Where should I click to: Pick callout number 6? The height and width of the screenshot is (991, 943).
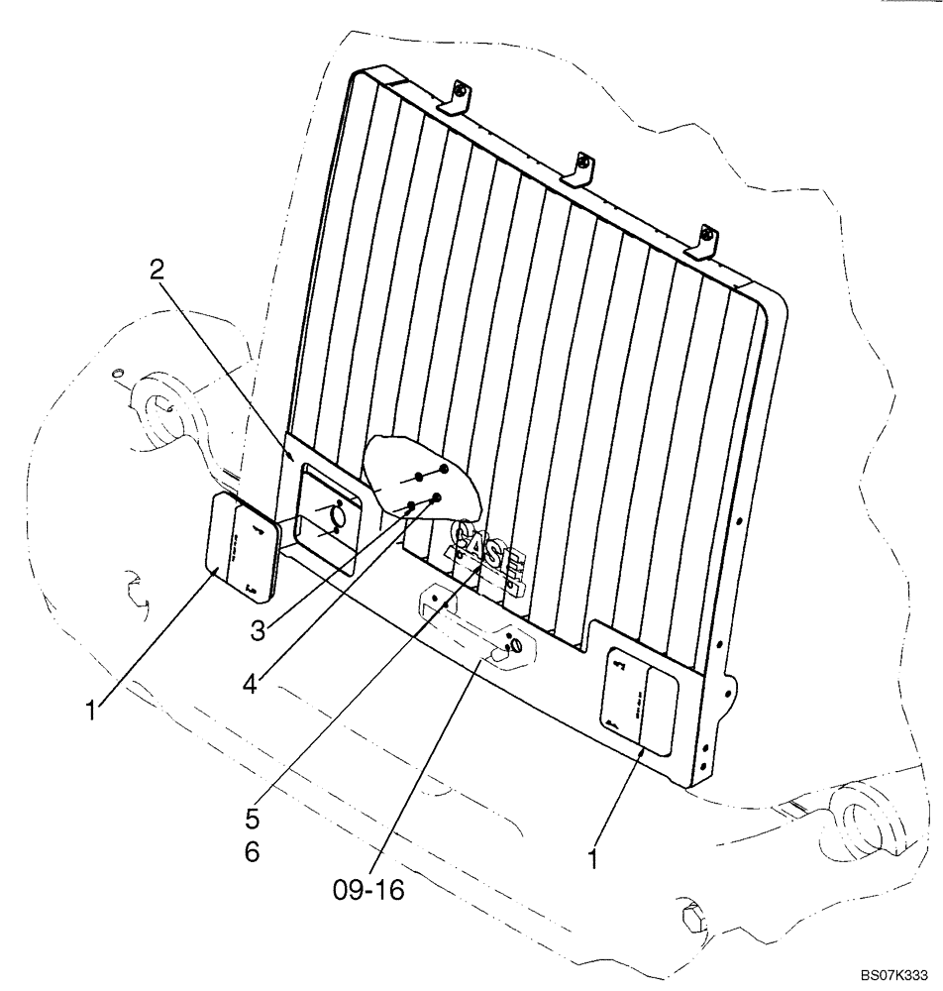point(253,851)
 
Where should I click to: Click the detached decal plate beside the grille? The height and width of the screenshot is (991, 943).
point(243,546)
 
